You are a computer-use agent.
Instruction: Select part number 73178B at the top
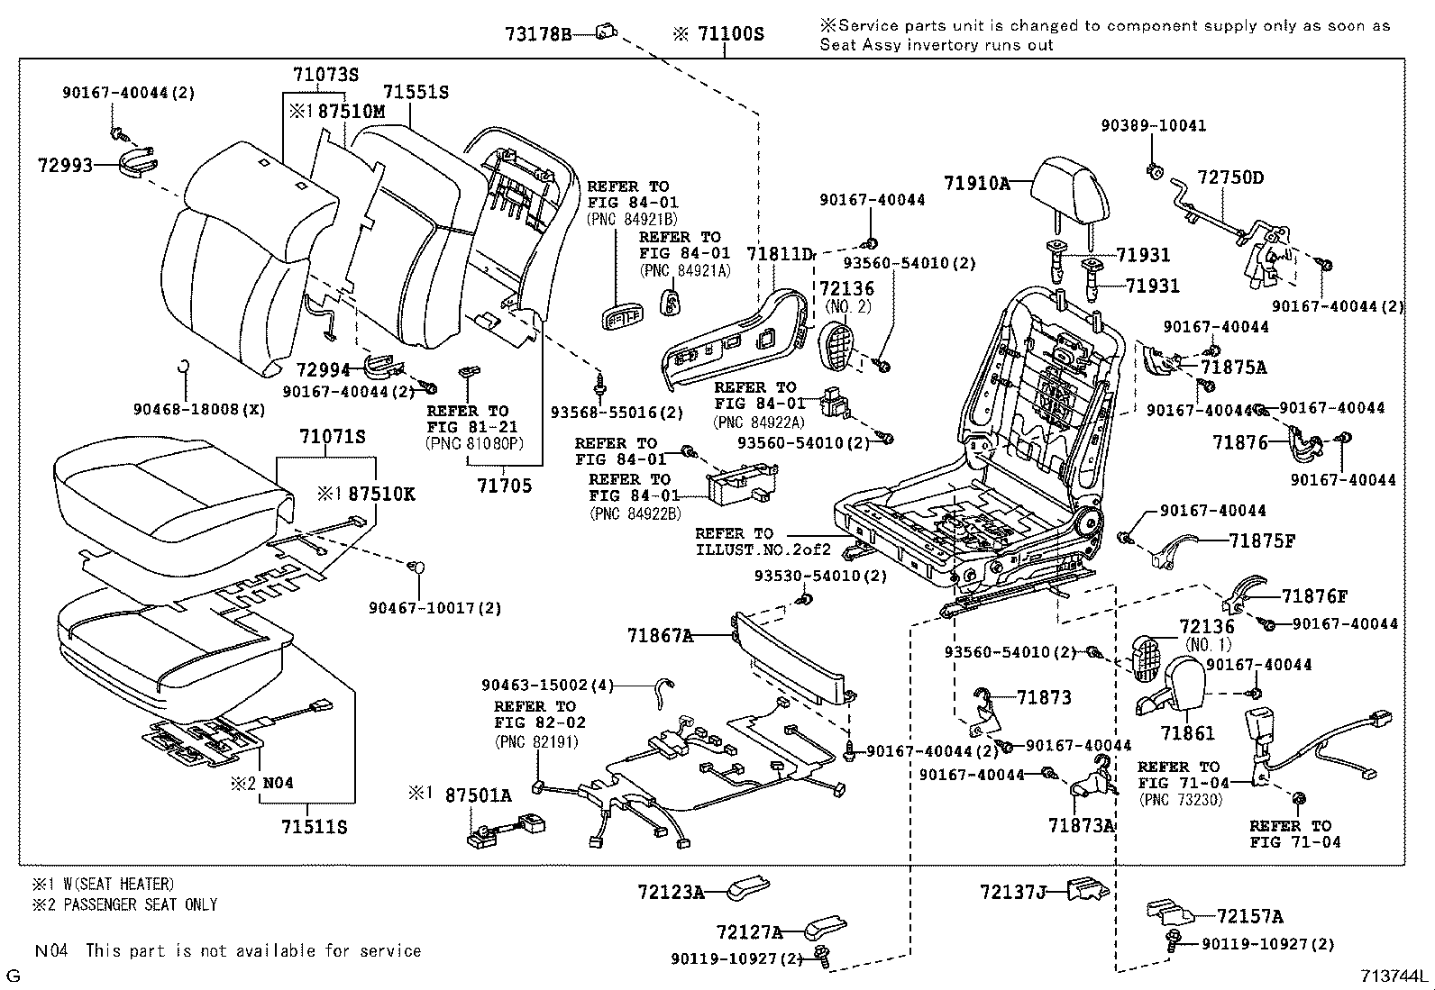click(538, 34)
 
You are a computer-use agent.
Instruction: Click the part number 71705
click(504, 486)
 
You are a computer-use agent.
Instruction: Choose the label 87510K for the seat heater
click(381, 494)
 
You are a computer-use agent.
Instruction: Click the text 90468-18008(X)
click(199, 409)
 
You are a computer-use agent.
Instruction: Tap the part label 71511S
click(314, 826)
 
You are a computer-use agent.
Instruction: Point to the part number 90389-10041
click(1153, 126)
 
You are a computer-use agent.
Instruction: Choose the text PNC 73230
click(1180, 799)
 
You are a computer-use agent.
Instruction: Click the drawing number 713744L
click(1394, 976)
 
